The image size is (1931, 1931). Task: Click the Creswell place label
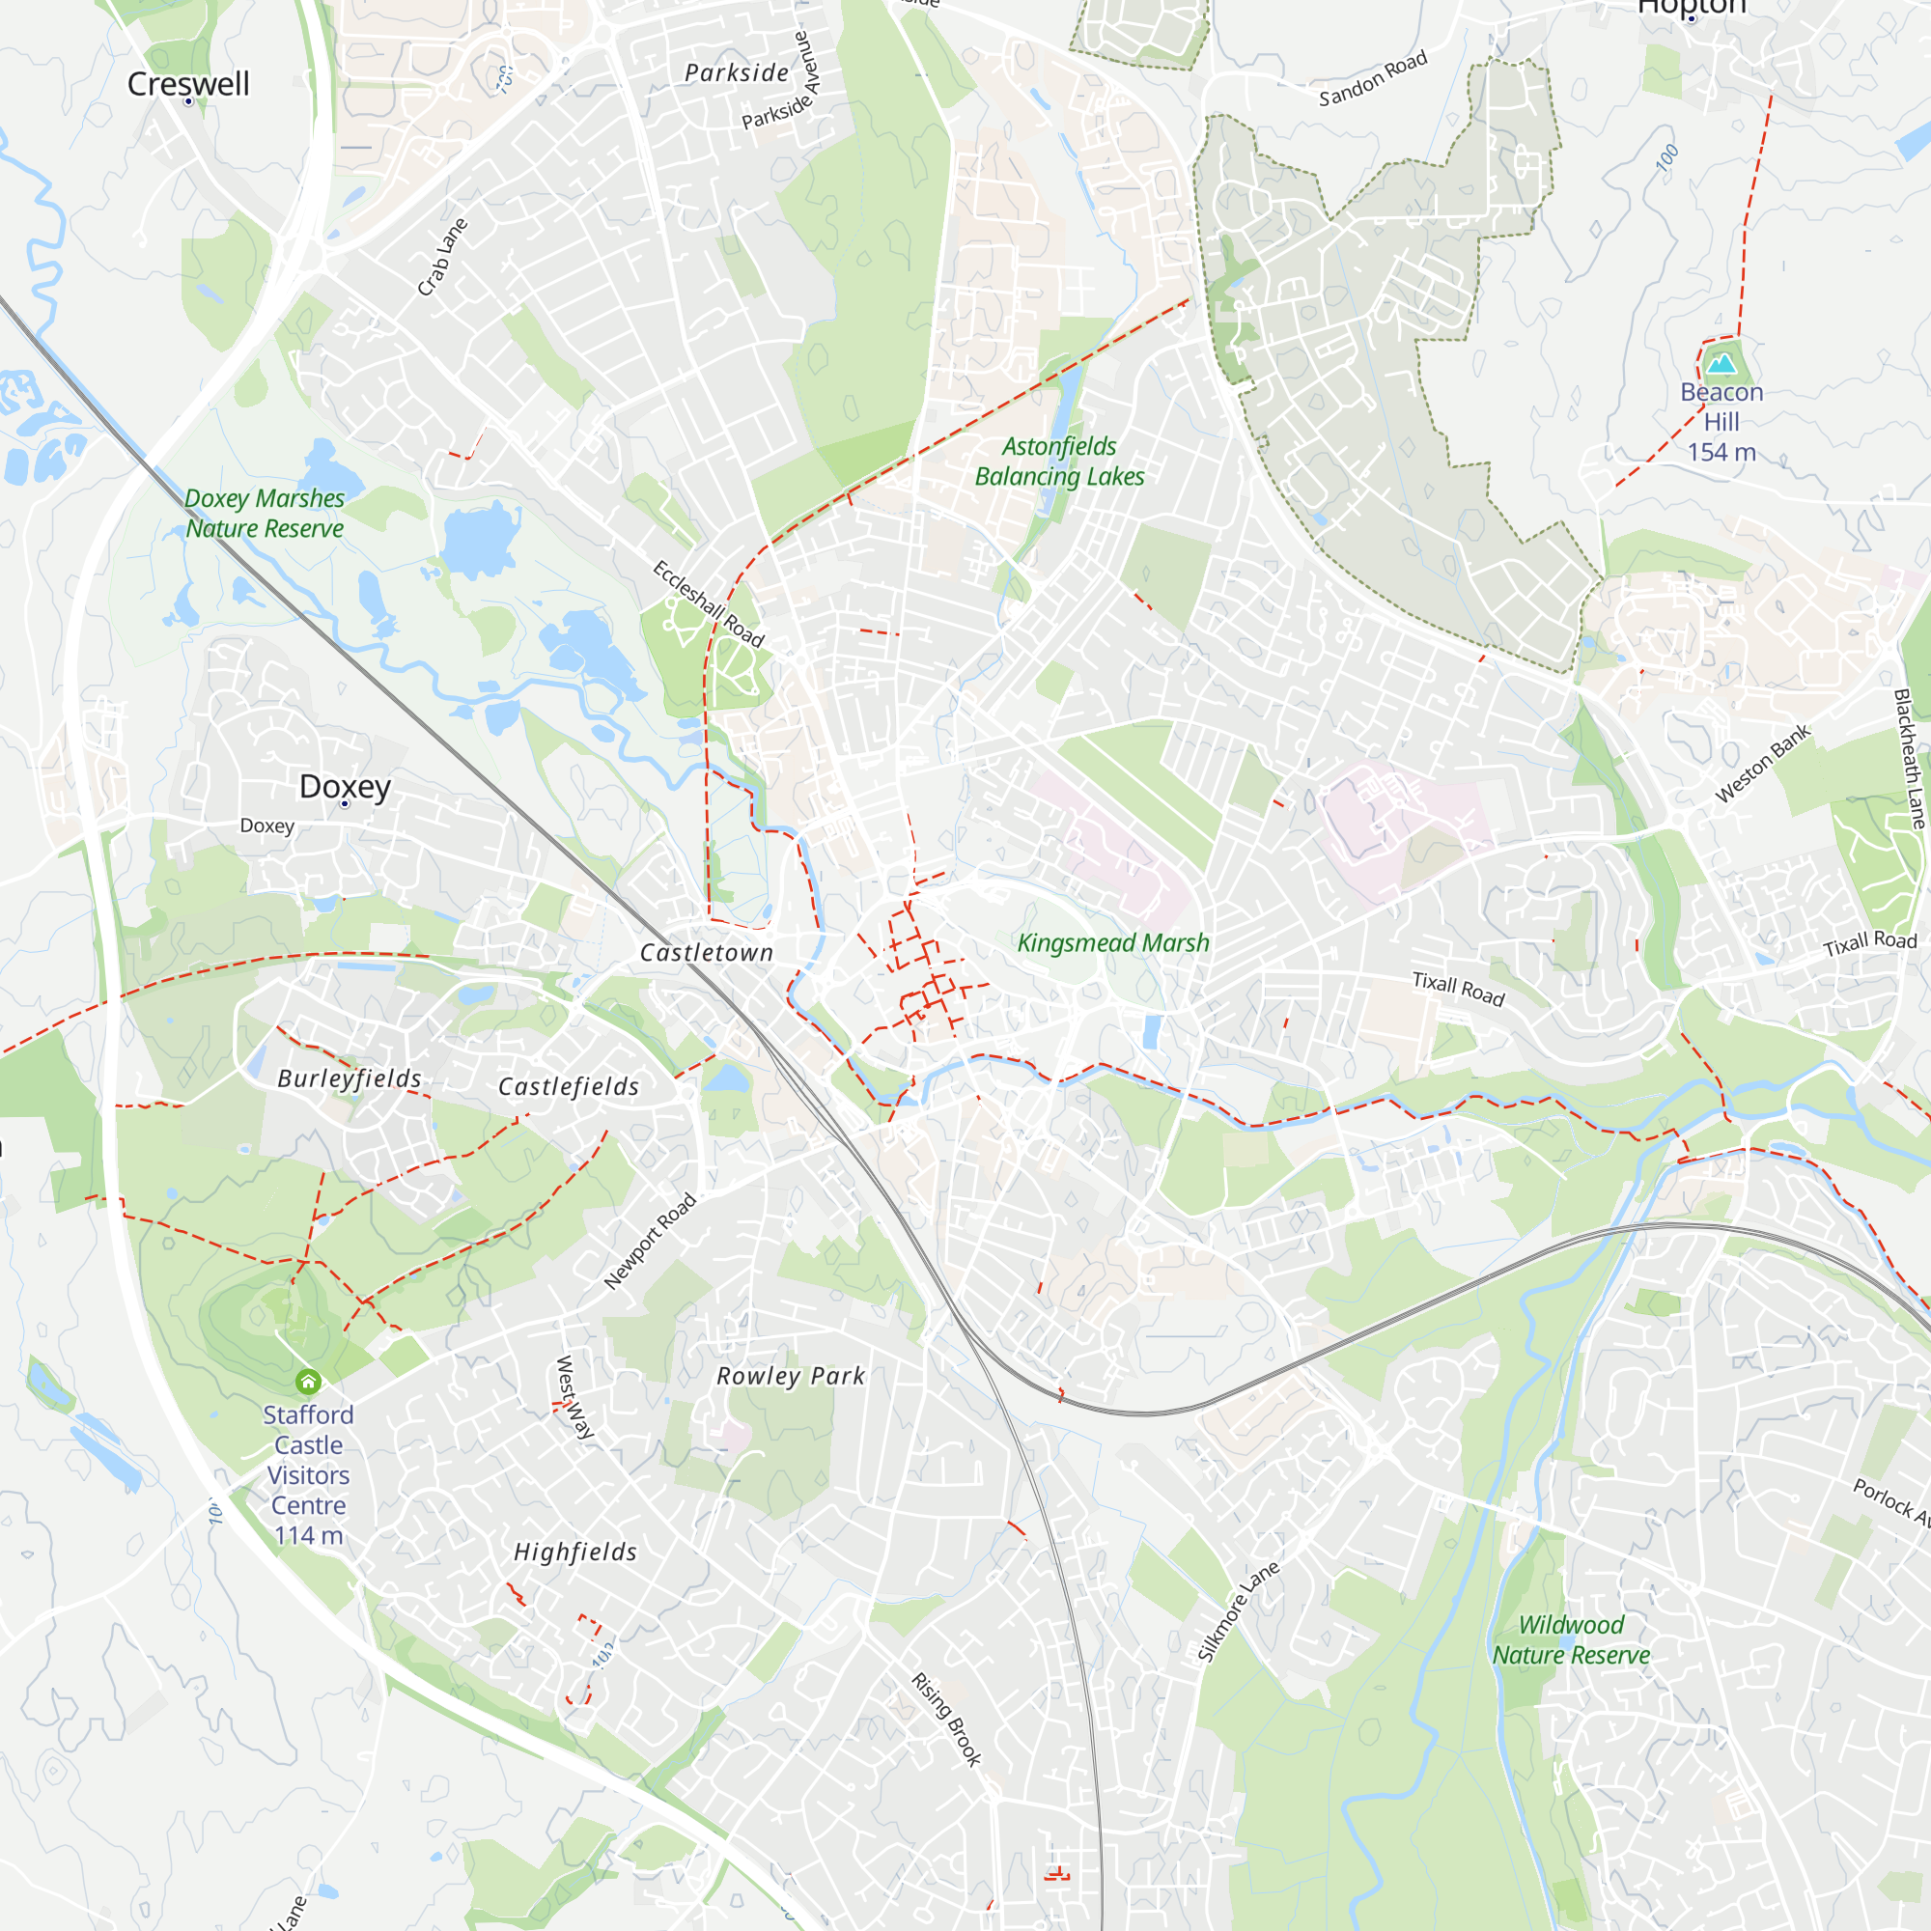pyautogui.click(x=188, y=84)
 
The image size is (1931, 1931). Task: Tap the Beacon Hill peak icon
pyautogui.click(x=1721, y=363)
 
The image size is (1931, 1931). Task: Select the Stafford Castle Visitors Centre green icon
pyautogui.click(x=308, y=1383)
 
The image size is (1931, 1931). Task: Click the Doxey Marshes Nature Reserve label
pyautogui.click(x=264, y=513)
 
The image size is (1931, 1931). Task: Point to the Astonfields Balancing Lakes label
pyautogui.click(x=1059, y=461)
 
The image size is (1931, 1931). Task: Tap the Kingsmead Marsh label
pyautogui.click(x=1112, y=942)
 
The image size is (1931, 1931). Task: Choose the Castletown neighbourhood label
pyautogui.click(x=707, y=953)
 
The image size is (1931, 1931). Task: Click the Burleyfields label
pyautogui.click(x=349, y=1078)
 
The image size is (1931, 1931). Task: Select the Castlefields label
pyautogui.click(x=569, y=1086)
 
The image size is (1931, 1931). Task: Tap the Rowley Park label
pyautogui.click(x=791, y=1376)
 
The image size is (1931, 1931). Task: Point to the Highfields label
pyautogui.click(x=574, y=1553)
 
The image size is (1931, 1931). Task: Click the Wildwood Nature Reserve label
pyautogui.click(x=1571, y=1639)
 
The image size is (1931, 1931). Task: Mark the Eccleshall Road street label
pyautogui.click(x=708, y=603)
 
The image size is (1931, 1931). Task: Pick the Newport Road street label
pyautogui.click(x=650, y=1241)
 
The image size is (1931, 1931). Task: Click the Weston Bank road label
pyautogui.click(x=1763, y=764)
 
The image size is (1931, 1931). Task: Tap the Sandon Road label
pyautogui.click(x=1372, y=79)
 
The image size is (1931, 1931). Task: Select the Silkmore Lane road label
pyautogui.click(x=1239, y=1611)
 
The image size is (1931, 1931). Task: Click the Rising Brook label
pyautogui.click(x=946, y=1720)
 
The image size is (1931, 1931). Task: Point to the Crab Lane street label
pyautogui.click(x=442, y=257)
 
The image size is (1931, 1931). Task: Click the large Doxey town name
pyautogui.click(x=345, y=786)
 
